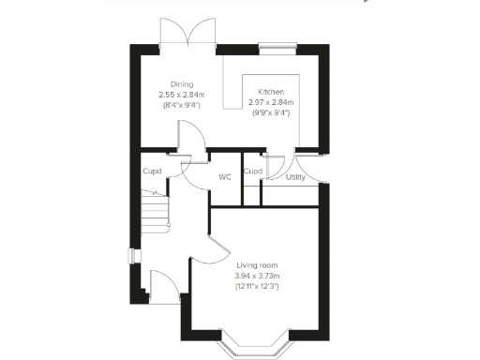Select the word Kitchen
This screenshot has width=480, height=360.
[x=272, y=91]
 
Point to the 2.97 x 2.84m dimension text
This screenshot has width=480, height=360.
[x=272, y=102]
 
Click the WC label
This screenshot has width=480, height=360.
[x=225, y=175]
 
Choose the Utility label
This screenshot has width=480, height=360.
[x=295, y=175]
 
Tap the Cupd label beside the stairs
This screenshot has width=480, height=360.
[x=152, y=171]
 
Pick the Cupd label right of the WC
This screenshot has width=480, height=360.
[x=252, y=171]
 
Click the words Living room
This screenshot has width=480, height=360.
[x=257, y=265]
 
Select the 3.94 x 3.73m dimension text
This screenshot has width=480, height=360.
[x=257, y=276]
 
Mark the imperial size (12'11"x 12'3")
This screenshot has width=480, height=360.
[x=257, y=286]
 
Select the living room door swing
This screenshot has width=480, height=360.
[x=211, y=248]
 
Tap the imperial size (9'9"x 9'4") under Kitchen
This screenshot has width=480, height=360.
[x=272, y=112]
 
